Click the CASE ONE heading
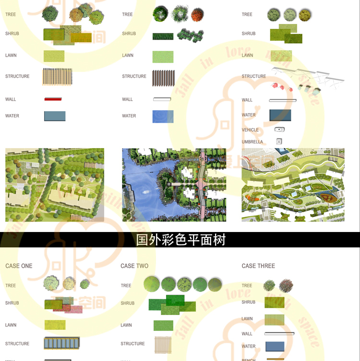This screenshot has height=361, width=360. coord(19,266)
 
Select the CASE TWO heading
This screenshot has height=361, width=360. coord(134,266)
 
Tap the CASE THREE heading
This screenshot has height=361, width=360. coord(258,266)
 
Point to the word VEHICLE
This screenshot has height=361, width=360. coord(250,130)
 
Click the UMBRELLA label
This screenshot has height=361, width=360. coord(252,142)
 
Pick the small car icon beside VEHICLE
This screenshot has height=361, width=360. coord(280,129)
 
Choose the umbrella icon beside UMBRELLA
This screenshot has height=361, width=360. coord(279,141)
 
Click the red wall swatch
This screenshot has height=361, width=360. coord(53,99)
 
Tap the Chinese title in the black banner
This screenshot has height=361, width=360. coord(180,240)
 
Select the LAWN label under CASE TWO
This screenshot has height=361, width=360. coord(126,325)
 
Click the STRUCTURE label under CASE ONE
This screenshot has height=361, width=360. coord(17,344)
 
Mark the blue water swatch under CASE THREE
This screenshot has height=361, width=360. coord(275,346)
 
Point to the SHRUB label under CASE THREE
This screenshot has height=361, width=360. coord(249,303)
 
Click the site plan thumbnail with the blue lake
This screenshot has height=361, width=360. coord(174,185)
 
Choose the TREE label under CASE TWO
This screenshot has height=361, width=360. coord(126,286)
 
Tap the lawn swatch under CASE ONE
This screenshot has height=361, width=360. coord(55,325)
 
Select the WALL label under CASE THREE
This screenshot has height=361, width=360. coord(247,334)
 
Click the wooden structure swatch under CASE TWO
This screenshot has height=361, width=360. coord(163,344)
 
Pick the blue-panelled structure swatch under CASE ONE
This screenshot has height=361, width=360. coord(61,343)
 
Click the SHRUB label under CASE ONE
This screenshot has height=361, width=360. coord(12,303)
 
